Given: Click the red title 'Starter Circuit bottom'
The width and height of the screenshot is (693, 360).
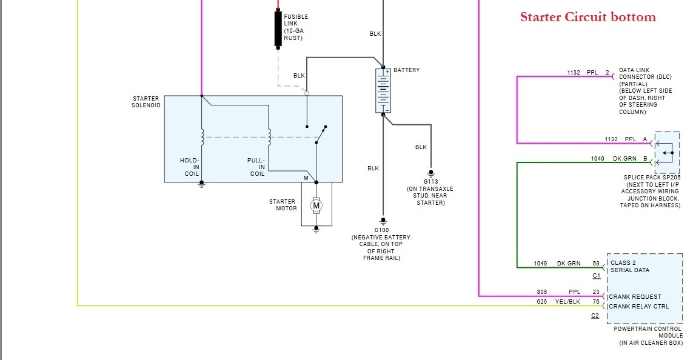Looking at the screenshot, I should pos(588,17).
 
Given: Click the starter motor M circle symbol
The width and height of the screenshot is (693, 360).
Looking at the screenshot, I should pos(316,206).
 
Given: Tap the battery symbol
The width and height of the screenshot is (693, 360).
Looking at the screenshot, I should pos(383,90).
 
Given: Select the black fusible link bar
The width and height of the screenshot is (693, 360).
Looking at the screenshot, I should pos(278,28).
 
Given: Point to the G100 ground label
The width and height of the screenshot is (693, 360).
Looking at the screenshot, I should pos(381,230).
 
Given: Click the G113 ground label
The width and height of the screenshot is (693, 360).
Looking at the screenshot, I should pos(430,181).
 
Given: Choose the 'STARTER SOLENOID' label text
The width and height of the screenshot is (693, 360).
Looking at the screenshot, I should pos(146,102).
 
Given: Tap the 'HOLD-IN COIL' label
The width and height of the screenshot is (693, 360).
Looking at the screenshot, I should pos(190,167).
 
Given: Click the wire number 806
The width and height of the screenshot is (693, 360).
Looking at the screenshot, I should pos(542,292).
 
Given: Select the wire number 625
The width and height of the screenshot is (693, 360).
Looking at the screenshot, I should pos(542,301).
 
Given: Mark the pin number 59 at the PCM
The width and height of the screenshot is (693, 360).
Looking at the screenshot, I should pos(596,264).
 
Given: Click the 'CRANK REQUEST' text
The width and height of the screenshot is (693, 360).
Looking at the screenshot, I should pos(634,297).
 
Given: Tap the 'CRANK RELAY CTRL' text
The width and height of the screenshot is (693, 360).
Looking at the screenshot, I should pos(639,307).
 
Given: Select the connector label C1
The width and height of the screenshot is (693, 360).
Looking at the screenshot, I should pos(596,276).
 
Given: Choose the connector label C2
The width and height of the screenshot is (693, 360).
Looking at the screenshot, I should pos(596,316).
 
